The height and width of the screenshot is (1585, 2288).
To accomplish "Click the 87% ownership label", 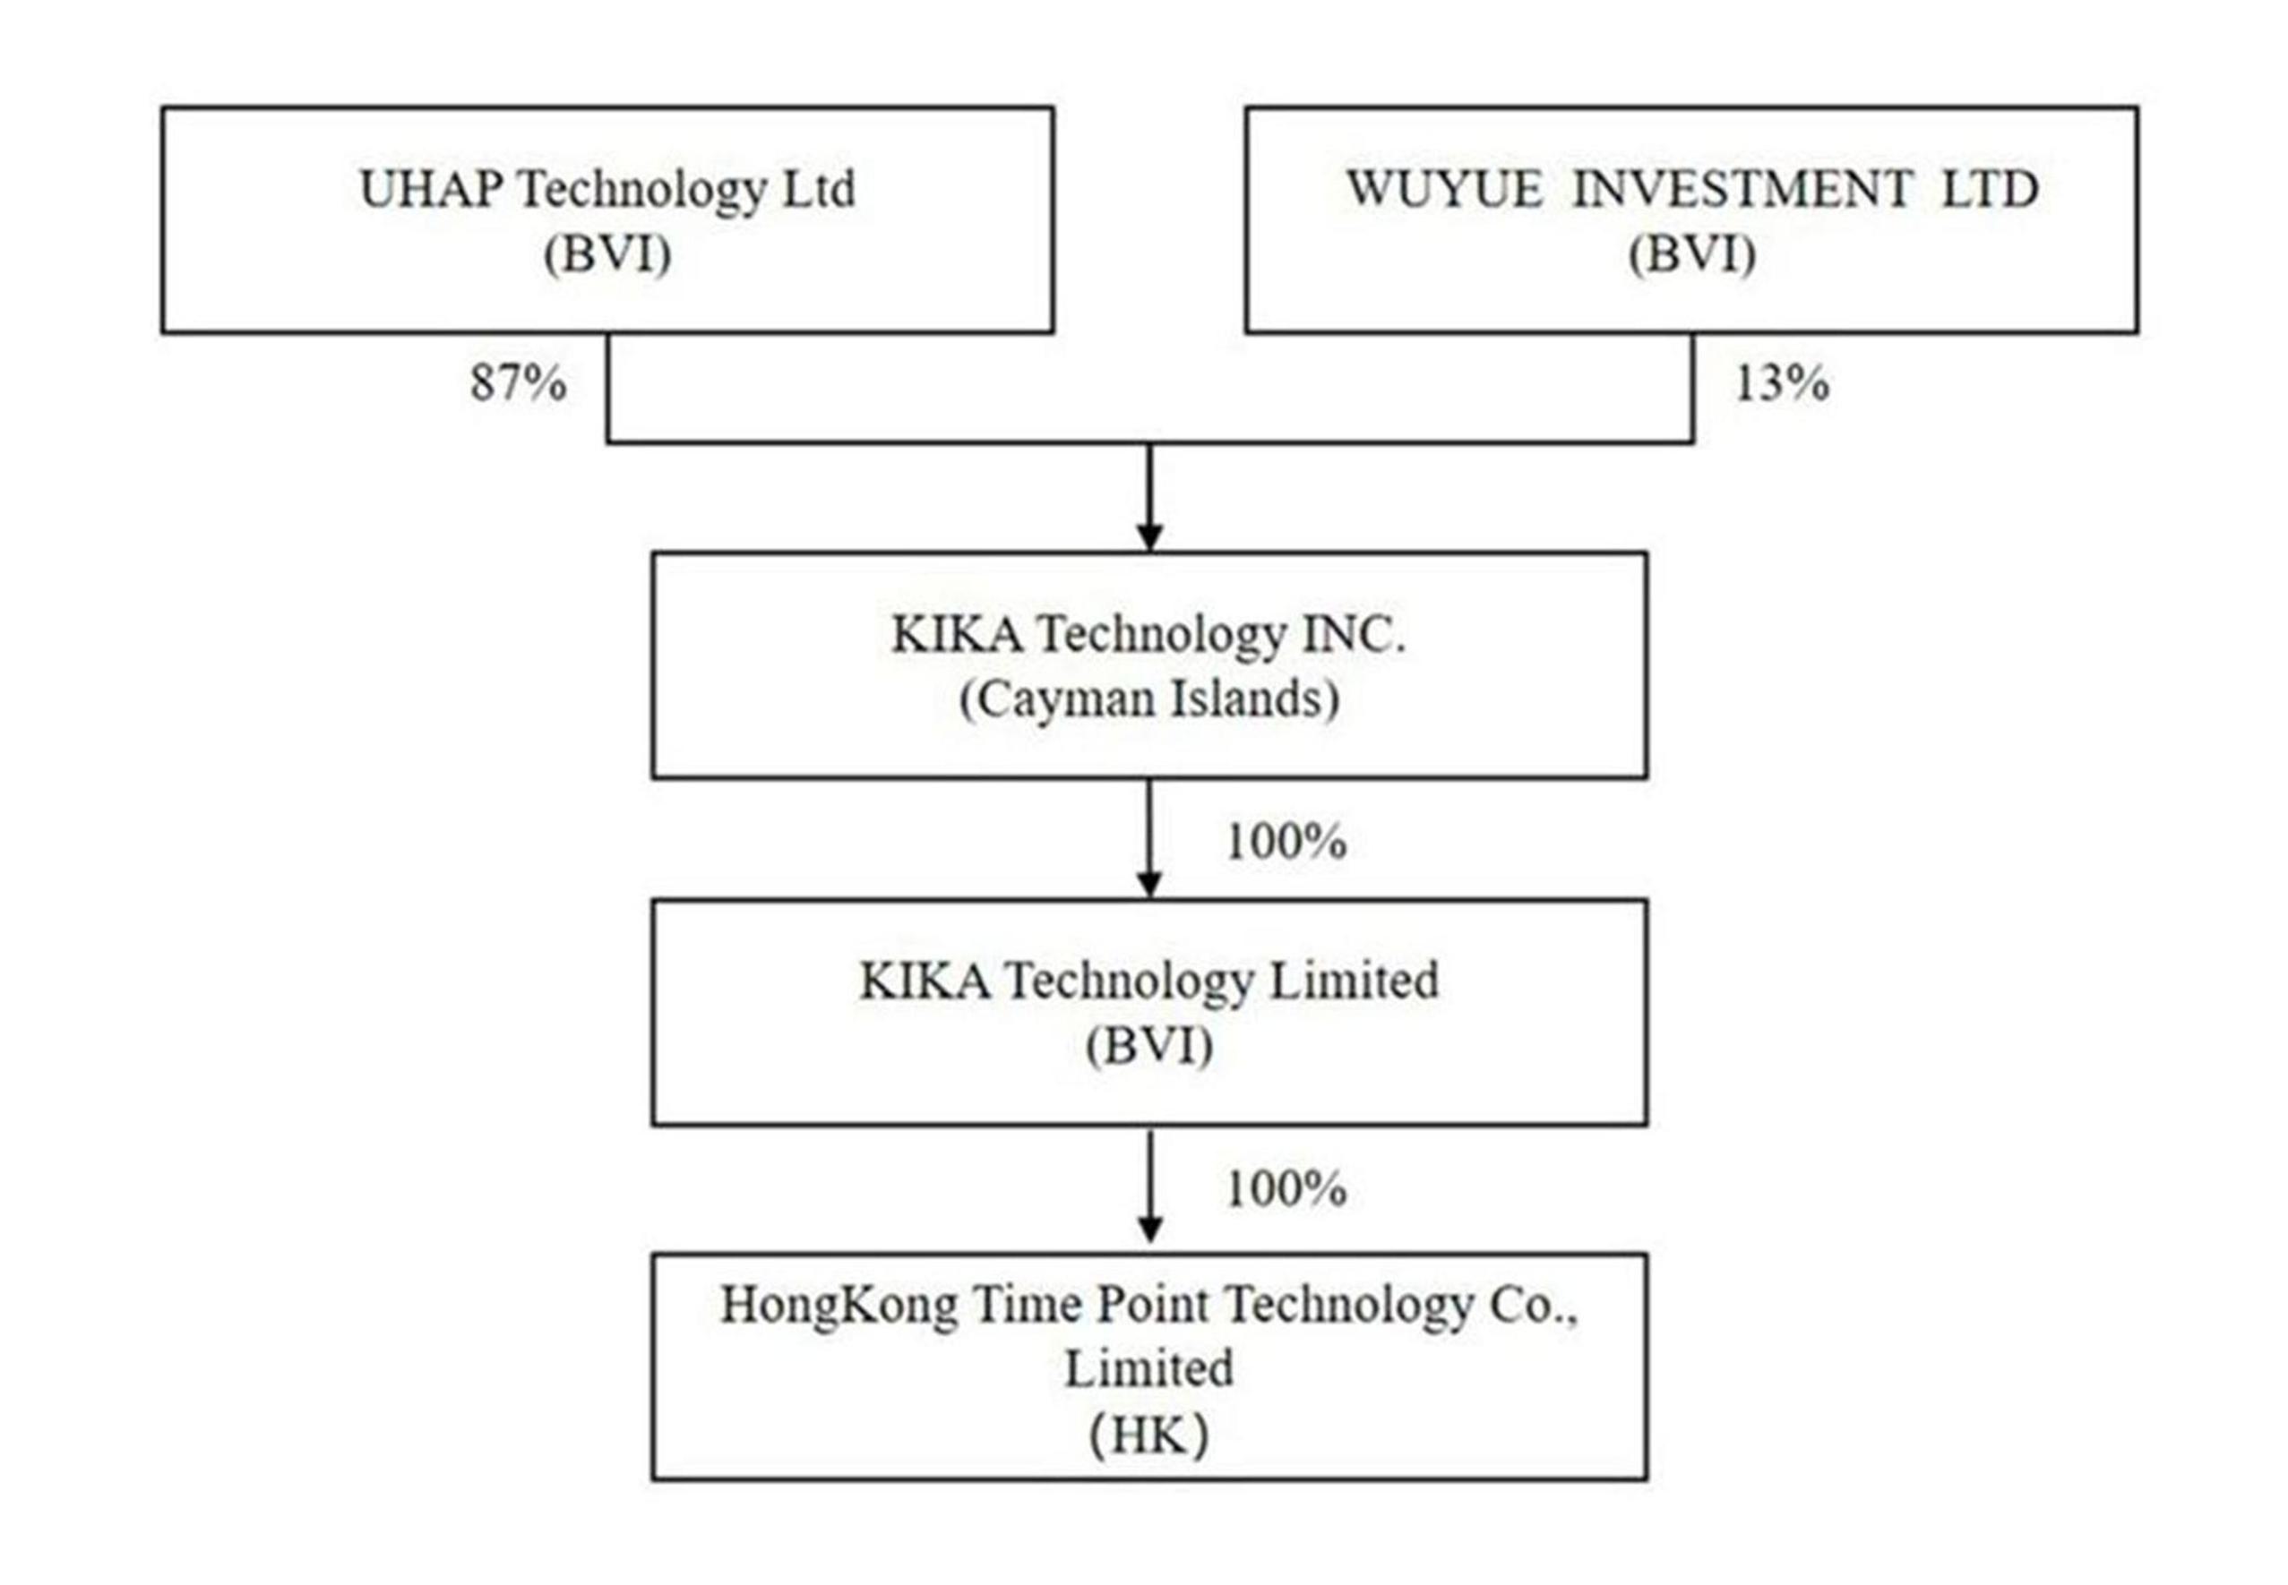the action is (518, 382).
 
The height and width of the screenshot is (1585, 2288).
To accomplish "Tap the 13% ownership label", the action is (1780, 382).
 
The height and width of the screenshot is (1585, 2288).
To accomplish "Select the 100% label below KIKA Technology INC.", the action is (1286, 841).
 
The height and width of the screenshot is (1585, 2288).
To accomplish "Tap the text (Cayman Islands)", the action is (1148, 699).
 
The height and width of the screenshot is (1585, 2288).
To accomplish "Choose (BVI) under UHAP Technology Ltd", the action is (607, 254).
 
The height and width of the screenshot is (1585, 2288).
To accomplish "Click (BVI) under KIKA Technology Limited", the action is (1148, 1046).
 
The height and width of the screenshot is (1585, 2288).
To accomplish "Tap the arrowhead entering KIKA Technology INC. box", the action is (1149, 536).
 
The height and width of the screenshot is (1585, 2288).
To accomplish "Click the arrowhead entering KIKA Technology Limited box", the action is (1149, 884).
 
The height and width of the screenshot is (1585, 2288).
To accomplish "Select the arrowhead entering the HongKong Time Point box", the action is (1149, 1229).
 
